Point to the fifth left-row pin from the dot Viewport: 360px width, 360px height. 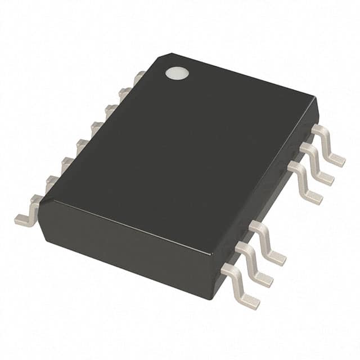pyautogui.click(x=82, y=143)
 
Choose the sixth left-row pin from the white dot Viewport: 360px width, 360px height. pyautogui.click(x=67, y=163)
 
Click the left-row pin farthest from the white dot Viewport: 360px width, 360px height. pyautogui.click(x=28, y=209)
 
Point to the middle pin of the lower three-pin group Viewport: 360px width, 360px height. pyautogui.click(x=256, y=264)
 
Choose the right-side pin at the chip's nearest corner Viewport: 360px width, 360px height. pyautogui.click(x=242, y=287)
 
